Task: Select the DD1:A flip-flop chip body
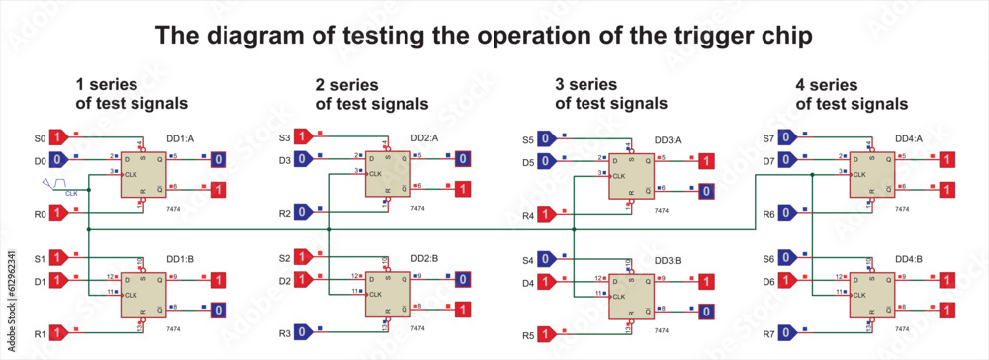(x=143, y=174)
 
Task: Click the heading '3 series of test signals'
(x=610, y=93)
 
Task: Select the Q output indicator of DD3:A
(x=704, y=160)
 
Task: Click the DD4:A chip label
(x=908, y=138)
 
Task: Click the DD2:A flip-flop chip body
(x=388, y=174)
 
